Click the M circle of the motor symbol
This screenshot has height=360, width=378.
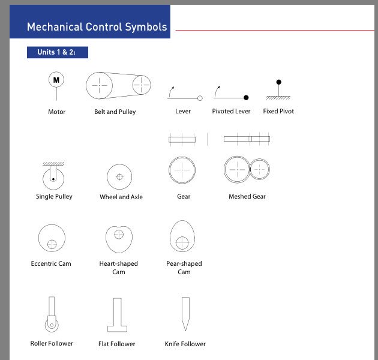[56, 80]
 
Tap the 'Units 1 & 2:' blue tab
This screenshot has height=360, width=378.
[57, 52]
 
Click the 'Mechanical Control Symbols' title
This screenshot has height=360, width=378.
[97, 27]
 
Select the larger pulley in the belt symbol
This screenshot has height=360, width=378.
[100, 86]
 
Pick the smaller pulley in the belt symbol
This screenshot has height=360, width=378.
[142, 85]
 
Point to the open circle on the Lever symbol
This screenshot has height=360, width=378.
[200, 98]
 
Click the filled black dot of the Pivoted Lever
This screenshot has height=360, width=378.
[246, 97]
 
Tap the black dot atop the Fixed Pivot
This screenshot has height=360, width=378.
[278, 82]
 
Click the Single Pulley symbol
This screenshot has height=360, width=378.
[53, 178]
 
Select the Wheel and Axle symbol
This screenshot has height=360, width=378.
[119, 176]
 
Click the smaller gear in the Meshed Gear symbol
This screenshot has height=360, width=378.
[260, 170]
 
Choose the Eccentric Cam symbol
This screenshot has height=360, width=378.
[51, 239]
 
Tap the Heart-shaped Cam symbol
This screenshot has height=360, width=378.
[118, 239]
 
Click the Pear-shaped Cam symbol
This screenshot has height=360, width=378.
[182, 236]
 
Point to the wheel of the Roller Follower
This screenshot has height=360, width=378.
[52, 325]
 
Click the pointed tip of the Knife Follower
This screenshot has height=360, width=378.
[185, 329]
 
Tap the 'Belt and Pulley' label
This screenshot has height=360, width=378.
[115, 112]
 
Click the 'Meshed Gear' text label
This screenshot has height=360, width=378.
[247, 196]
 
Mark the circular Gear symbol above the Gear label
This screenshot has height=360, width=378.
[182, 170]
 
